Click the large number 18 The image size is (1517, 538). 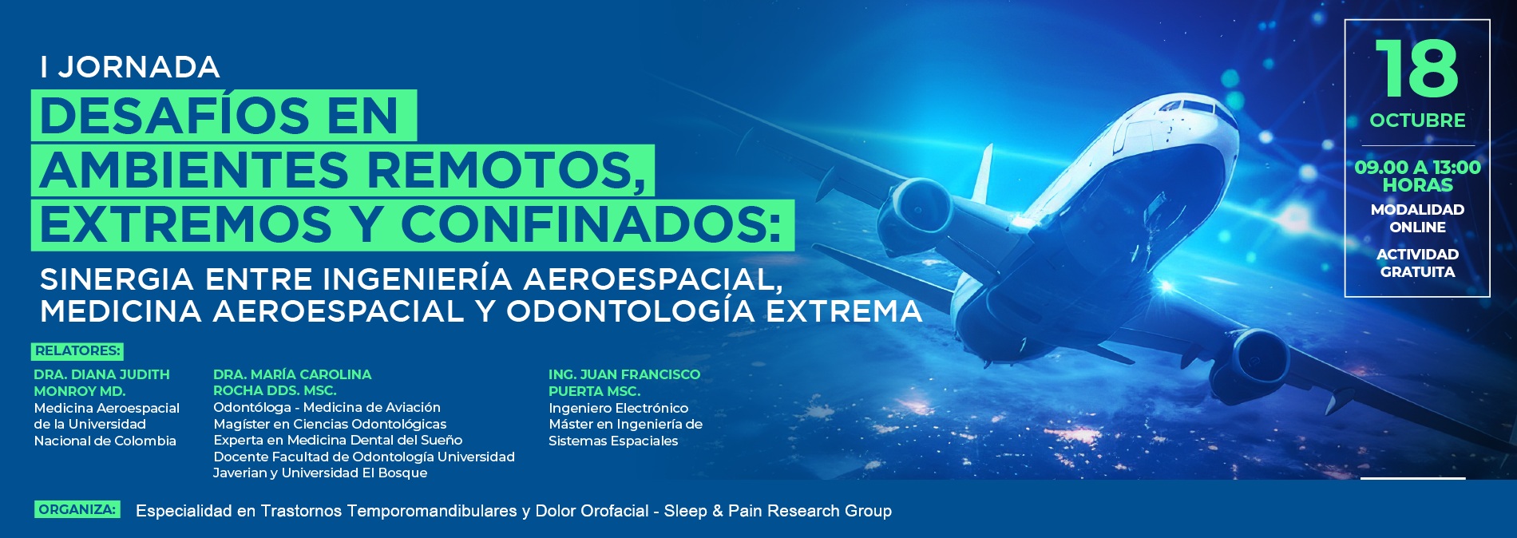(x=1417, y=69)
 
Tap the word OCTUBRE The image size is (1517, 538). (x=1417, y=121)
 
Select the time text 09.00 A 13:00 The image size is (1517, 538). (x=1417, y=168)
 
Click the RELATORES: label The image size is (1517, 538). (x=77, y=350)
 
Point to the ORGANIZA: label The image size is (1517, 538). (x=77, y=509)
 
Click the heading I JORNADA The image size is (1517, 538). (x=130, y=67)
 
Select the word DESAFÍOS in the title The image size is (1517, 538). (x=174, y=115)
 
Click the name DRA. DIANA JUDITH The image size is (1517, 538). (x=101, y=374)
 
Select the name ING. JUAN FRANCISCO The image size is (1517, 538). (x=624, y=374)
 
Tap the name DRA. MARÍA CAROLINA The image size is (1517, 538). (x=292, y=374)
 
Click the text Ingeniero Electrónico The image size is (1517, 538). (x=618, y=408)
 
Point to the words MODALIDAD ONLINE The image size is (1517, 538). (x=1417, y=218)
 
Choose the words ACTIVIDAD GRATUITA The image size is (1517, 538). (x=1417, y=263)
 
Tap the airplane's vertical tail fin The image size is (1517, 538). (x=982, y=172)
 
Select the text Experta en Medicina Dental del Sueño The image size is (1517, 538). (x=338, y=440)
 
